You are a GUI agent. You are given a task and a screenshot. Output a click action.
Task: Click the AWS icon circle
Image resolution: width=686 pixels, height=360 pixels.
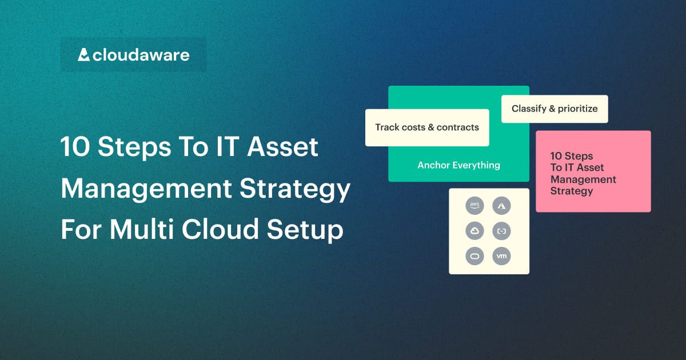tap(475, 206)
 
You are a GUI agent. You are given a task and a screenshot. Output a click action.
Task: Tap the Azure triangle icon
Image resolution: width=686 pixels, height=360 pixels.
tap(502, 206)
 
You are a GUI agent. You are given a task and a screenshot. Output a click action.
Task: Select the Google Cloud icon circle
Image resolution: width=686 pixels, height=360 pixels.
tap(475, 231)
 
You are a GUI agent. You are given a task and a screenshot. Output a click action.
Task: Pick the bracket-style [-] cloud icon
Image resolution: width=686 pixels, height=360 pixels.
tap(502, 231)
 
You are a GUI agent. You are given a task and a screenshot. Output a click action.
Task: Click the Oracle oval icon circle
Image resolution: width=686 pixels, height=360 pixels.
tap(475, 256)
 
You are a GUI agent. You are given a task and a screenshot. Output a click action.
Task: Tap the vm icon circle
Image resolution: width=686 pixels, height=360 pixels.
tap(502, 256)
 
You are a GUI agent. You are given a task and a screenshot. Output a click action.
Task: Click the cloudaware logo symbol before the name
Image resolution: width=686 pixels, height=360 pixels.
tap(83, 55)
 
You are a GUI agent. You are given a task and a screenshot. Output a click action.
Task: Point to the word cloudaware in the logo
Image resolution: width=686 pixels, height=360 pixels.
tap(141, 55)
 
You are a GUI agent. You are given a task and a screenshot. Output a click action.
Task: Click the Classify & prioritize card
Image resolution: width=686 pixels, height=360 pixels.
tap(555, 109)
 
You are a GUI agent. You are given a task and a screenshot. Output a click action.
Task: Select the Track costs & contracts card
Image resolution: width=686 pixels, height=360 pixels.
tap(427, 127)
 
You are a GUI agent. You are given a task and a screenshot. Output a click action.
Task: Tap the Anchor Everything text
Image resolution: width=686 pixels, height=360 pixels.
tap(458, 165)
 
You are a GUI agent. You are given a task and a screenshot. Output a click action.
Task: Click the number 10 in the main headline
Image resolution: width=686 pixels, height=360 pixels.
tap(75, 147)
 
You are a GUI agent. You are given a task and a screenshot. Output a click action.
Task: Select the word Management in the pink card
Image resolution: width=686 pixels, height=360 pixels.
tap(583, 179)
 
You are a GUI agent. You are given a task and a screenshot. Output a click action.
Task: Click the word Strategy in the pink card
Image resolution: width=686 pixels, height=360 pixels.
tap(571, 191)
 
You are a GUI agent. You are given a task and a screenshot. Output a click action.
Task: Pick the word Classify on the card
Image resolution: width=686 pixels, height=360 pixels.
tap(529, 109)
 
